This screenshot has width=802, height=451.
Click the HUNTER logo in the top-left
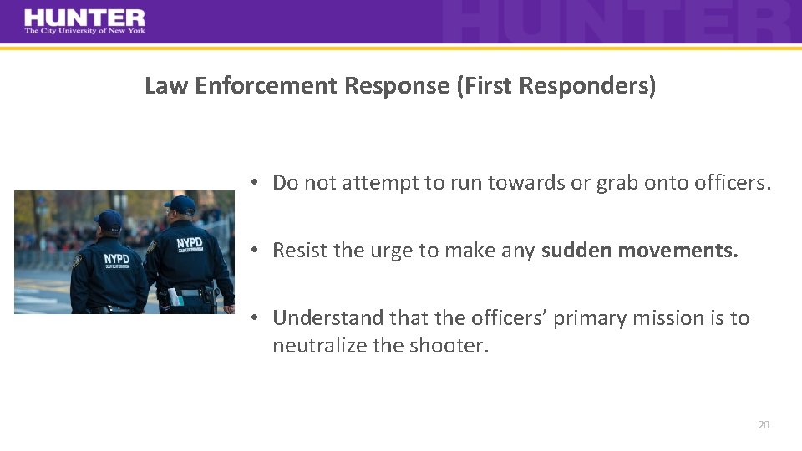point(84,18)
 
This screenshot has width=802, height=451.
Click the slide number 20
point(763,425)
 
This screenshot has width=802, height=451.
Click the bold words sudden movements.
point(640,251)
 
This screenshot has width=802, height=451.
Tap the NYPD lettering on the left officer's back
point(117,259)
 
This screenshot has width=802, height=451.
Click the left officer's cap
point(109,220)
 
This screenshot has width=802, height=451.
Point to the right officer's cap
point(180,204)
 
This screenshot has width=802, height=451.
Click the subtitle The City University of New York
point(84,31)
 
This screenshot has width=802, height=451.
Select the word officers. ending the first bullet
point(733,184)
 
